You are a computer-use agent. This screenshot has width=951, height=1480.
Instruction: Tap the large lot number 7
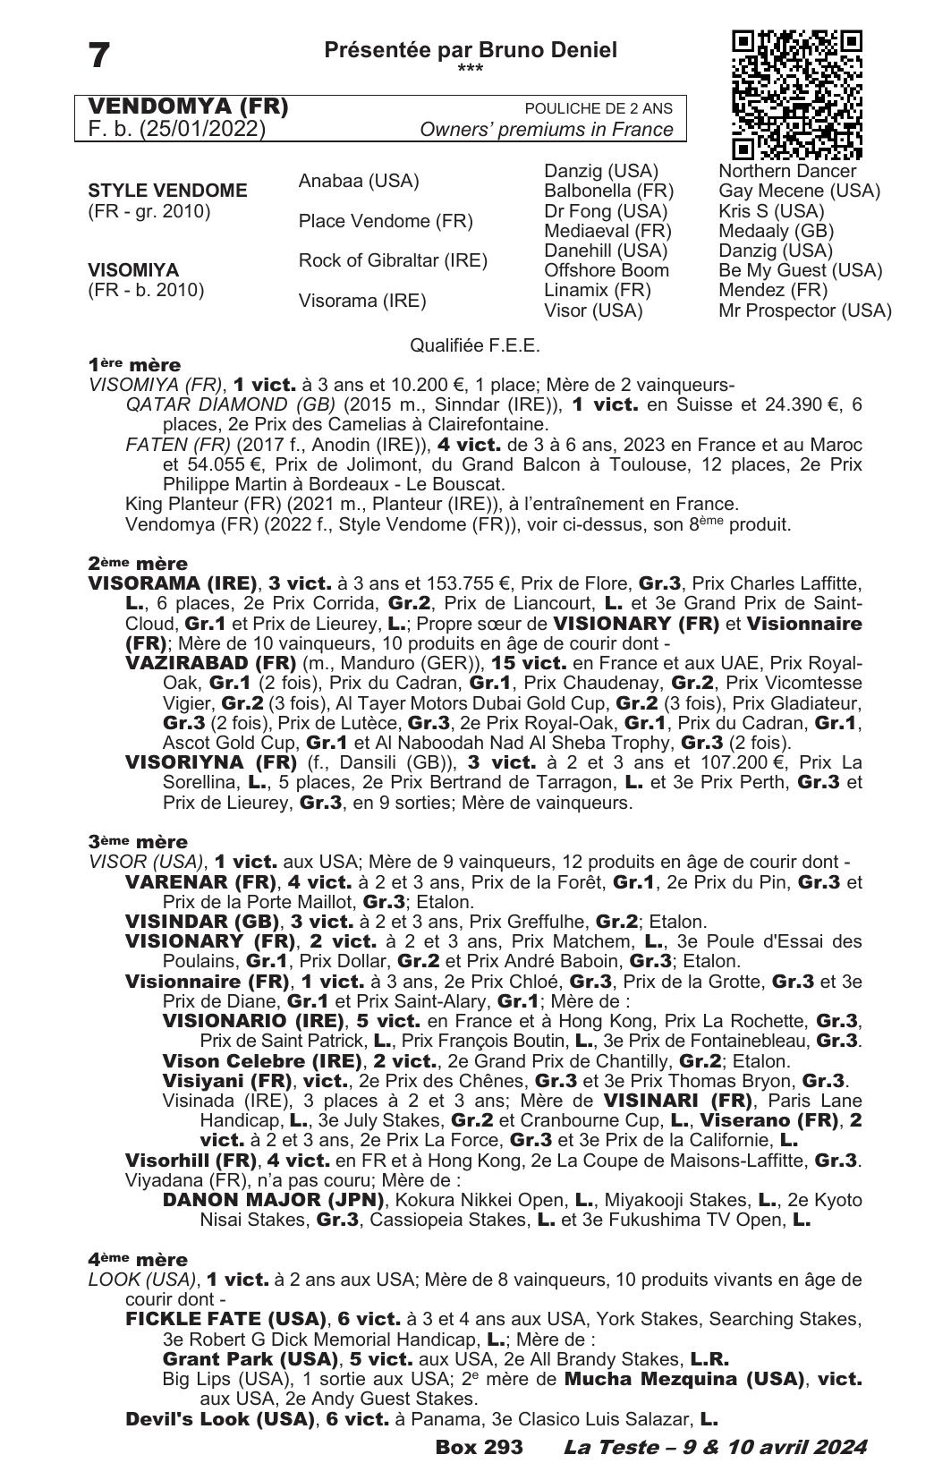99,55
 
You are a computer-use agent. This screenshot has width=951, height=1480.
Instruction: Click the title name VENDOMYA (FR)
188,107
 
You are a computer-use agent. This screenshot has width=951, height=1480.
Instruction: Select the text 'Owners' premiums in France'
546,130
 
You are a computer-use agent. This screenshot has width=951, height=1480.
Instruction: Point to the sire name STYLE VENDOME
167,191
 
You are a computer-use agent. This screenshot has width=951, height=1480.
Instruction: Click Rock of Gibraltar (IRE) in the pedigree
393,260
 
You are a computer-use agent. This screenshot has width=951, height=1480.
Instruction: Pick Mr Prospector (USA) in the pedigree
804,310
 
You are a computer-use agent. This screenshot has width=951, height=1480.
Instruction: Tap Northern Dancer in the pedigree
786,171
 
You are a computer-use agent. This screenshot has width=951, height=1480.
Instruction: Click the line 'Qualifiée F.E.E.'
474,345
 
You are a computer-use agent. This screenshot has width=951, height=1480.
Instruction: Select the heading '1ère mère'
134,365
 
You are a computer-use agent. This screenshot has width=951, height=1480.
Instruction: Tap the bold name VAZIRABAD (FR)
210,663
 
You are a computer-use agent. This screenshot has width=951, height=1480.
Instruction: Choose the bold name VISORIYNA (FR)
210,762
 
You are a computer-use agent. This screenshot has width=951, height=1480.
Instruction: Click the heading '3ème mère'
138,842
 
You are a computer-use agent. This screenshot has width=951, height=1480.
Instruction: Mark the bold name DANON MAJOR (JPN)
273,1200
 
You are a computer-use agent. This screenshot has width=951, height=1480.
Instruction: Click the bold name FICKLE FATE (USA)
225,1319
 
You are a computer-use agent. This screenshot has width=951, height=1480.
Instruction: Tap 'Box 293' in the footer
479,1447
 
